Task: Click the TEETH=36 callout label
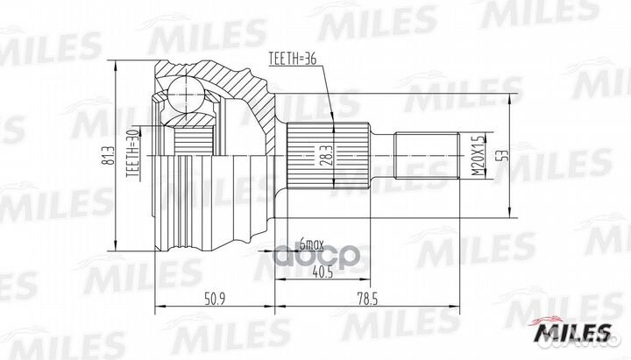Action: [x=293, y=59]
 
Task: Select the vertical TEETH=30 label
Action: [x=132, y=153]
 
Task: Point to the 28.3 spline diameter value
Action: [x=327, y=156]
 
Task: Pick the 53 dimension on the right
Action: [x=503, y=155]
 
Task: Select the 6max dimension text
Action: [x=312, y=244]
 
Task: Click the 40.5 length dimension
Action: [x=323, y=272]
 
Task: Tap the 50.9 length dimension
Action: [x=214, y=299]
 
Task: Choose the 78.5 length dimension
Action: [x=367, y=299]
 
